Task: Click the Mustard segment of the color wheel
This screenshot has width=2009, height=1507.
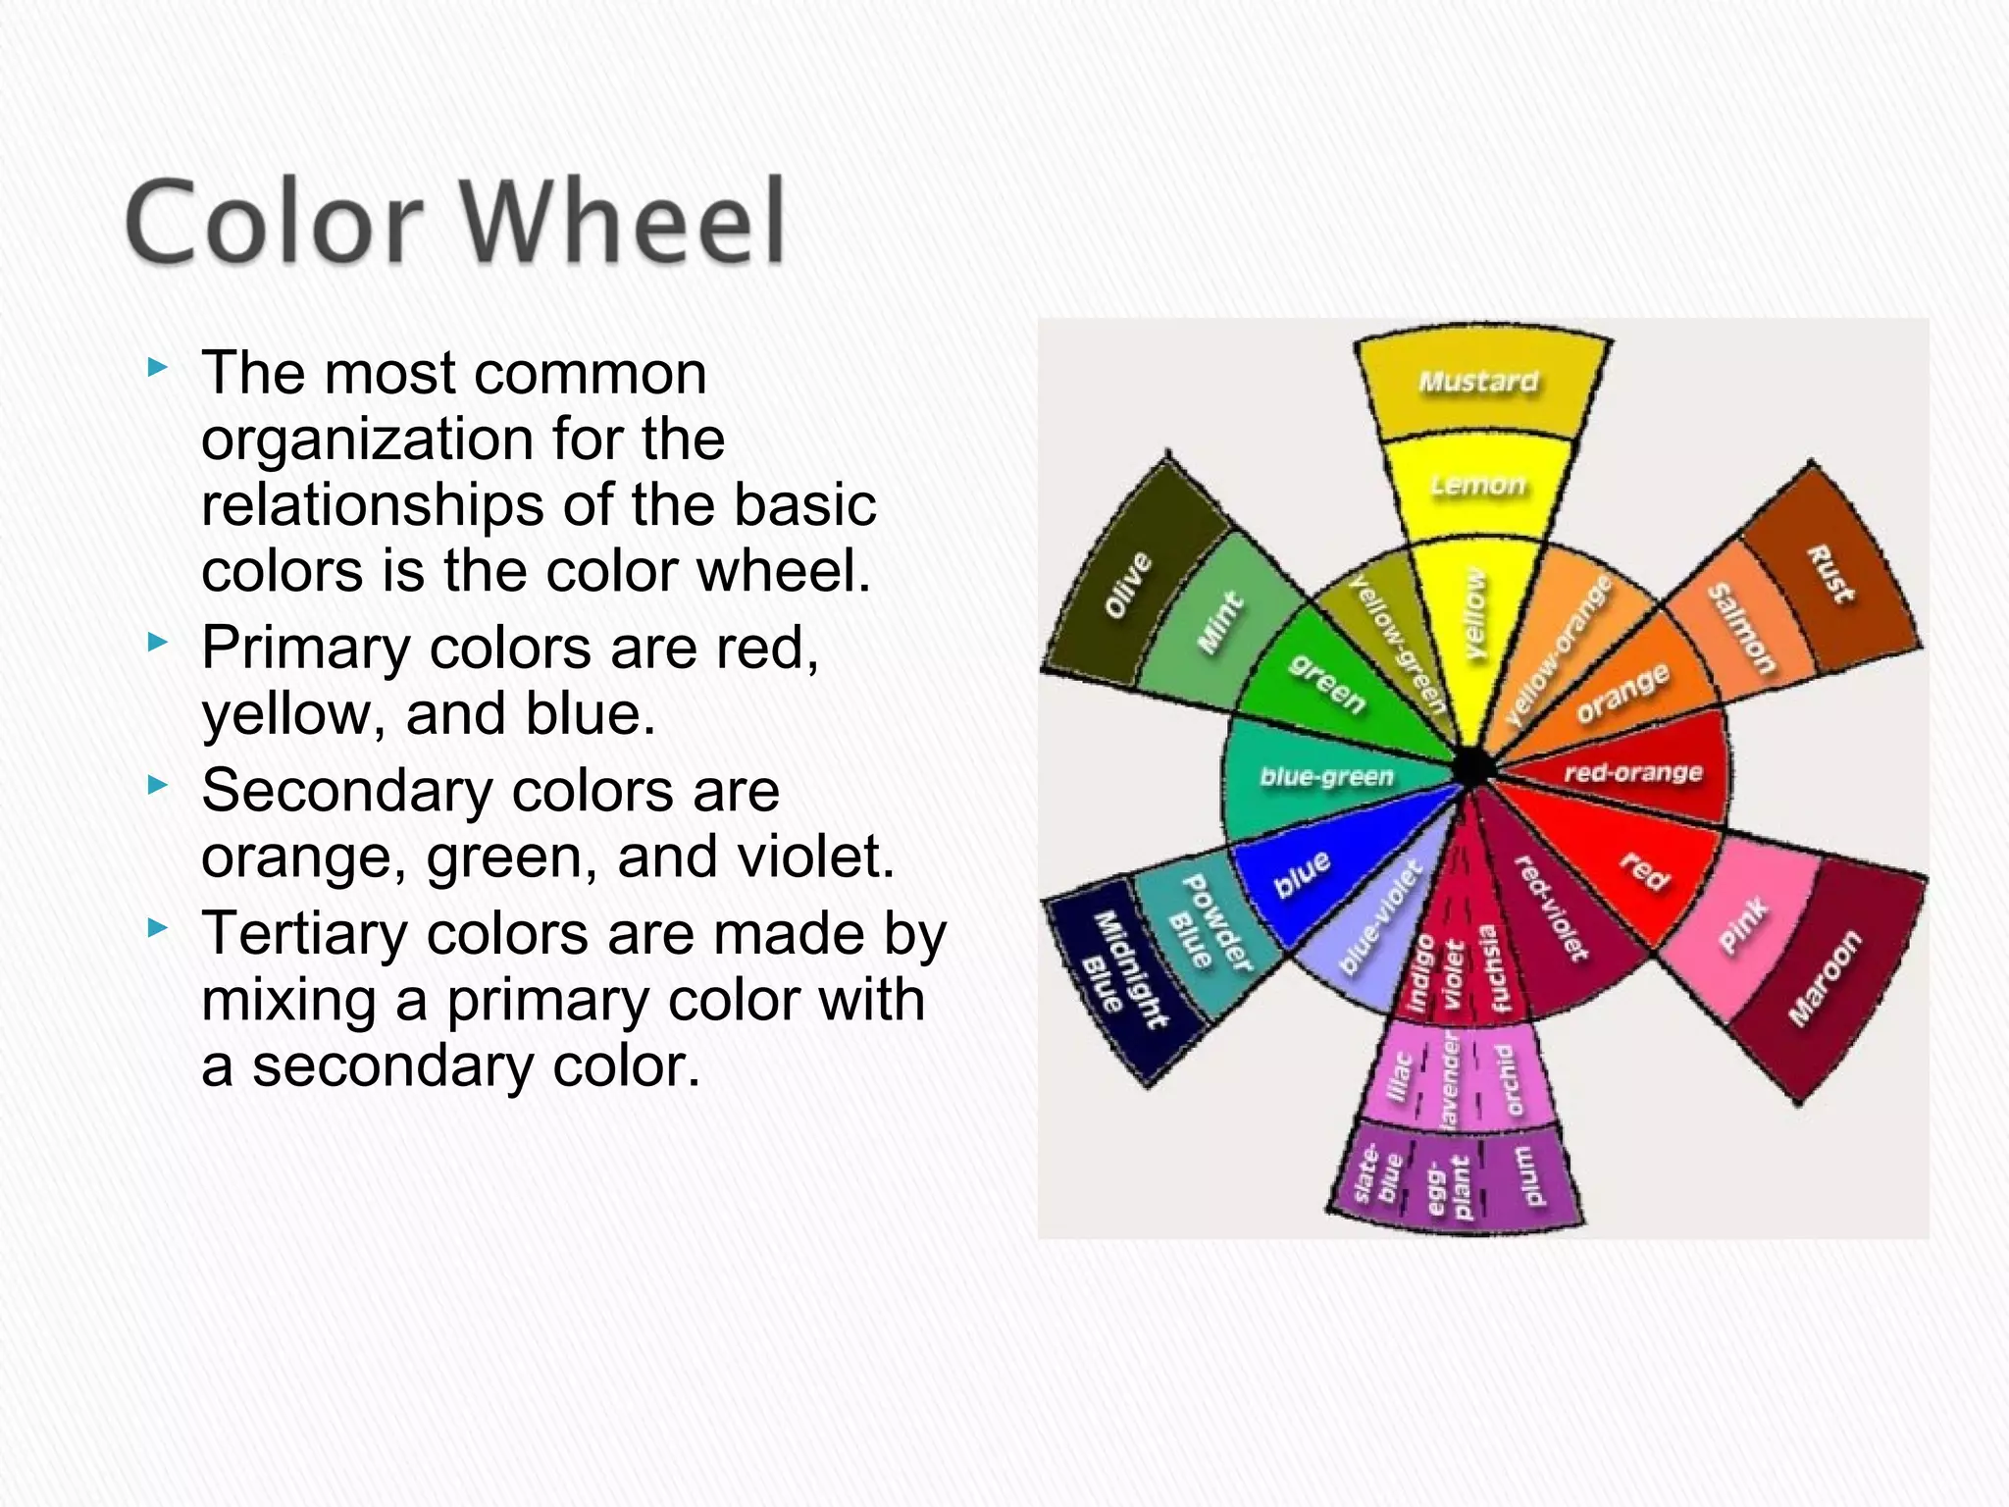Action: pyautogui.click(x=1479, y=383)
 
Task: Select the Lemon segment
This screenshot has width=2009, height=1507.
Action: pyautogui.click(x=1478, y=486)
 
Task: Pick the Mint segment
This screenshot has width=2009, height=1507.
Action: pyautogui.click(x=1219, y=622)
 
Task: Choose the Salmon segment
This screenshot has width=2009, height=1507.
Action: pyautogui.click(x=1742, y=629)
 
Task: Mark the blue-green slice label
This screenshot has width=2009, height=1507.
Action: pyautogui.click(x=1326, y=777)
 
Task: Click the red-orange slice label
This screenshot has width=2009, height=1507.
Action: pyautogui.click(x=1632, y=773)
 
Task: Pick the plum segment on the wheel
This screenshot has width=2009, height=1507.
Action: pyautogui.click(x=1530, y=1175)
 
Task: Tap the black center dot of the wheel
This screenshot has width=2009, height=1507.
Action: pyautogui.click(x=1471, y=766)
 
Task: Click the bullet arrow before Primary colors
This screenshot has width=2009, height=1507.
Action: pyautogui.click(x=157, y=644)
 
